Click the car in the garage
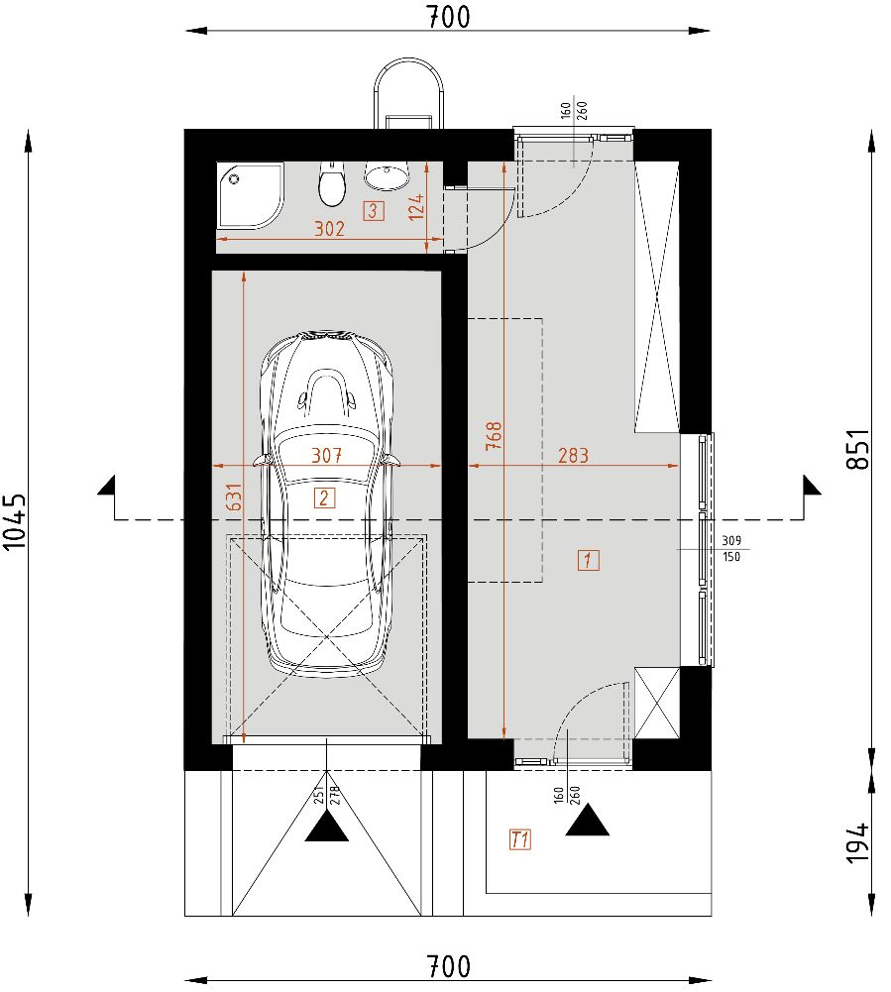click(x=325, y=505)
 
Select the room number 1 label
click(x=588, y=560)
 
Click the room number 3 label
click(x=373, y=210)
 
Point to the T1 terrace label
click(x=520, y=839)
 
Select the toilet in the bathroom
click(x=331, y=184)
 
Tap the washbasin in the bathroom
click(x=387, y=176)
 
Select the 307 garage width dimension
click(x=326, y=456)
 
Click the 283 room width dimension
click(x=573, y=456)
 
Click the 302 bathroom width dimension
click(x=329, y=229)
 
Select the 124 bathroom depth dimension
click(x=417, y=206)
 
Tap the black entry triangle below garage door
click(x=326, y=826)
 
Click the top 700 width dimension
click(x=448, y=16)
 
